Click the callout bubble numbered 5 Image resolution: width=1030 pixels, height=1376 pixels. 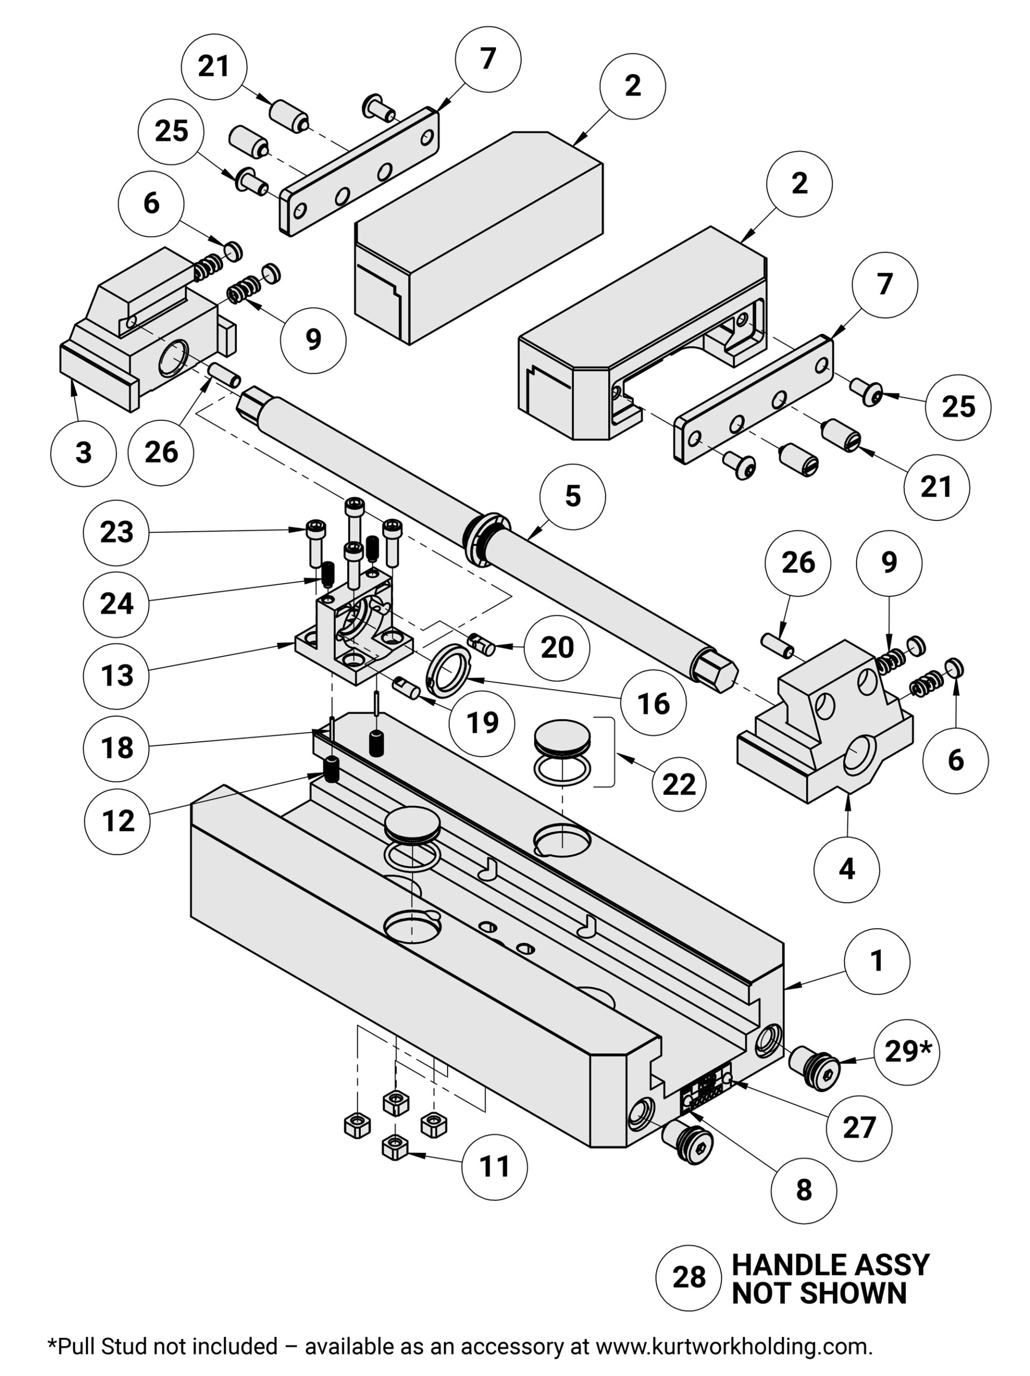(572, 497)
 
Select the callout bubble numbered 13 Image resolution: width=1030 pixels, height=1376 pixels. (116, 676)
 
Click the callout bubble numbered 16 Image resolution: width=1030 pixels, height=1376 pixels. (653, 704)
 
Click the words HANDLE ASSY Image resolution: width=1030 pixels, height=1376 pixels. (830, 1265)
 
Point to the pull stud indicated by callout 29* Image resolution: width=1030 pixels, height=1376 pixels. (815, 1069)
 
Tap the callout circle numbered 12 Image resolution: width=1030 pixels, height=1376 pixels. (118, 821)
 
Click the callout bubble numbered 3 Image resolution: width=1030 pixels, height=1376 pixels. (83, 453)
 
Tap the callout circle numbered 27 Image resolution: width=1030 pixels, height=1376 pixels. (859, 1127)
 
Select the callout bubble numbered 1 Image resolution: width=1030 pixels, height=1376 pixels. (876, 961)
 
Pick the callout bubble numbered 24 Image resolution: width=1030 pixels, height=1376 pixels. (116, 604)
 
